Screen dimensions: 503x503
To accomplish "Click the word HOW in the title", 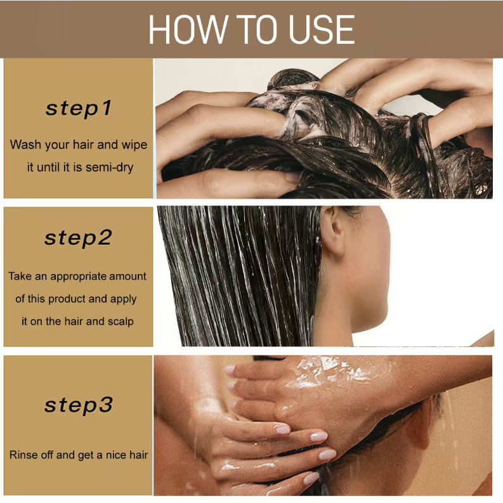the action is (x=188, y=30).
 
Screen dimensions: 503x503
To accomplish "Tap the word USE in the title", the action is (x=322, y=30).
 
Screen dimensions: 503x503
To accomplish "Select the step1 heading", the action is (x=79, y=108).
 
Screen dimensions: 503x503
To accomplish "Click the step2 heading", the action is (x=78, y=238).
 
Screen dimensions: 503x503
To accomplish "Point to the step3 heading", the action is (x=78, y=405).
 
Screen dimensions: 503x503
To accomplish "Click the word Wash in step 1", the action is (x=25, y=145).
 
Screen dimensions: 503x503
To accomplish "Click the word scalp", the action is (x=121, y=322).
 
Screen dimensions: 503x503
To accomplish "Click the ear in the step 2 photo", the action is (x=332, y=230).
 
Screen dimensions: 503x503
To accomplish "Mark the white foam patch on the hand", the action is (x=334, y=372).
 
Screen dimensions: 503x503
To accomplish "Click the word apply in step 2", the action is (x=124, y=299).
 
